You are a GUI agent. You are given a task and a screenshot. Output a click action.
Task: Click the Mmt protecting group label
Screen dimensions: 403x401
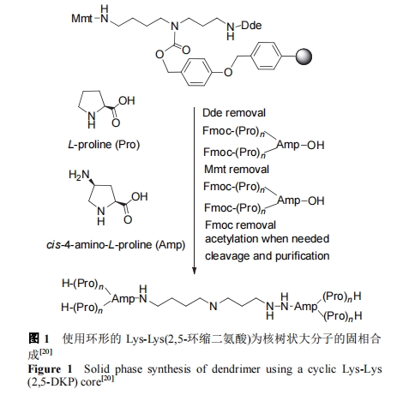(x=81, y=19)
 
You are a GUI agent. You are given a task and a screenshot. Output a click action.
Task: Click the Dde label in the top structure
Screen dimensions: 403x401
(x=251, y=26)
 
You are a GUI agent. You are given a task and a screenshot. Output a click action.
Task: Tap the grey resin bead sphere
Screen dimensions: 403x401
(x=304, y=57)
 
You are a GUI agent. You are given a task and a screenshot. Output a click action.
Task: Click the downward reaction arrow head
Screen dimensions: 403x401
(x=194, y=270)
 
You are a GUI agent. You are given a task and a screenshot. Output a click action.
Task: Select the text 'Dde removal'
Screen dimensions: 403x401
(x=234, y=113)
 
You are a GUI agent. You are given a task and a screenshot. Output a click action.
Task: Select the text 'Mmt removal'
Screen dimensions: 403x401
(x=237, y=170)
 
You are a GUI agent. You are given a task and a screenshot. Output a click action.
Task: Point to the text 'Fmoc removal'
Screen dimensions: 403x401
(x=240, y=225)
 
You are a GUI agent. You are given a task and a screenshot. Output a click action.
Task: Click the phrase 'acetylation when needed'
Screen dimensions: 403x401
(x=267, y=239)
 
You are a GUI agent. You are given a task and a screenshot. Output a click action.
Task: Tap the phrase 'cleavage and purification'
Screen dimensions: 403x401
(x=267, y=256)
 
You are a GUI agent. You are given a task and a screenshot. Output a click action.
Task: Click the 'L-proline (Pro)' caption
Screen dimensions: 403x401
(x=104, y=145)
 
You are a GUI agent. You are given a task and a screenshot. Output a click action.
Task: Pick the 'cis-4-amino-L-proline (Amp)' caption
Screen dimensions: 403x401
(x=116, y=245)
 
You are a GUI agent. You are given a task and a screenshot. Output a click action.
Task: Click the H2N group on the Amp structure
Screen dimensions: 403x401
(x=79, y=175)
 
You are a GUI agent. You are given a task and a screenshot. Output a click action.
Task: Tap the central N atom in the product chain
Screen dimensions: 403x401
(x=214, y=307)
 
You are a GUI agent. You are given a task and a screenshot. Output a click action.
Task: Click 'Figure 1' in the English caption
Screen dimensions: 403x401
(x=50, y=369)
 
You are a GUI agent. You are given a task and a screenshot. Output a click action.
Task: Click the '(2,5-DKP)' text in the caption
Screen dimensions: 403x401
(x=53, y=382)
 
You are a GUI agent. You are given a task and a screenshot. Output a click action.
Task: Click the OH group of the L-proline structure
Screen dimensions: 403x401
(x=127, y=100)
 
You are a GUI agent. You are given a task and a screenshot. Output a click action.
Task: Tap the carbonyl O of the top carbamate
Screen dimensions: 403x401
(x=186, y=51)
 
